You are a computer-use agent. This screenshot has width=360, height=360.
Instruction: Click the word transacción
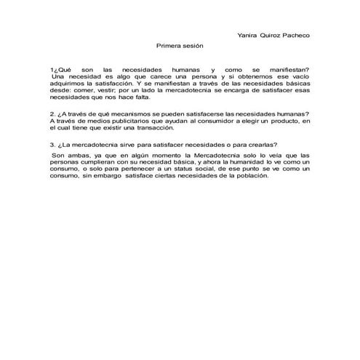pyautogui.click(x=134, y=127)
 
